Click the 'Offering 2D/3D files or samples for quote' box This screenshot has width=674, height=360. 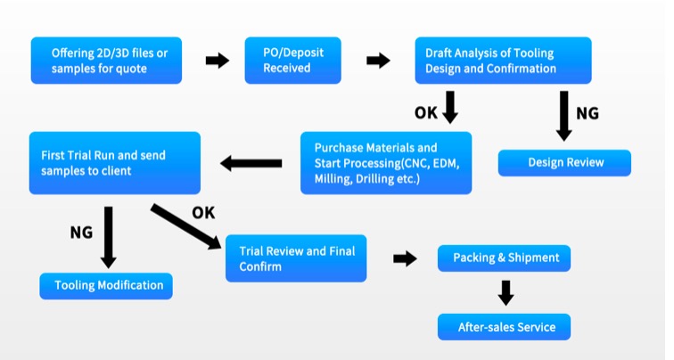point(106,61)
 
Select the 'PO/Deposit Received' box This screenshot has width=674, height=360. point(292,61)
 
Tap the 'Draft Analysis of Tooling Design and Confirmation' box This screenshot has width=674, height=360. point(503,61)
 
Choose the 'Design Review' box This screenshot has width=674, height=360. point(564,162)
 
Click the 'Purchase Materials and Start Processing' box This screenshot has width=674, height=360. point(385,163)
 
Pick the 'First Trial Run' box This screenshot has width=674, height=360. point(114,163)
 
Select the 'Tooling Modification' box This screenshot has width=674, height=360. point(106,285)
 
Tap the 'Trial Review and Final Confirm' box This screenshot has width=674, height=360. point(296,258)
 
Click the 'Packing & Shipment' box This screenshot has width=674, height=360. point(505,258)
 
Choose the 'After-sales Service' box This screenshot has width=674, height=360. point(505,327)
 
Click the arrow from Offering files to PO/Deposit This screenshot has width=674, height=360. point(217,61)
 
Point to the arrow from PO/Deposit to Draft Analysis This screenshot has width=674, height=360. point(378,61)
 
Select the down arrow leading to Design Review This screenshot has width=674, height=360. point(563,115)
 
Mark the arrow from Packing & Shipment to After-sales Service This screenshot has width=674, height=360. point(505,292)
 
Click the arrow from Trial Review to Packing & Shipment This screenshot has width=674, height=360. point(405,258)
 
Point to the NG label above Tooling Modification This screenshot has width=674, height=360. point(81,233)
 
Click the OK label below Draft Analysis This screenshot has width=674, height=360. point(426,112)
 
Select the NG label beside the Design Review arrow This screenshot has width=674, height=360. point(588,113)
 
